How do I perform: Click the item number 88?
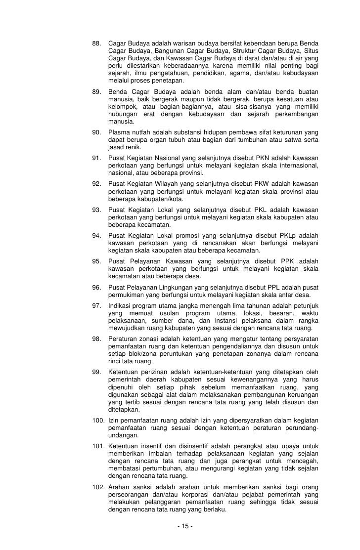pyautogui.click(x=97, y=43)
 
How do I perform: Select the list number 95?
pyautogui.click(x=97, y=261)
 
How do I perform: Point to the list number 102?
pyautogui.click(x=98, y=488)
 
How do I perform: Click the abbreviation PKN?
pyautogui.click(x=266, y=158)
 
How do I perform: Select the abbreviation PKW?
pyautogui.click(x=265, y=184)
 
